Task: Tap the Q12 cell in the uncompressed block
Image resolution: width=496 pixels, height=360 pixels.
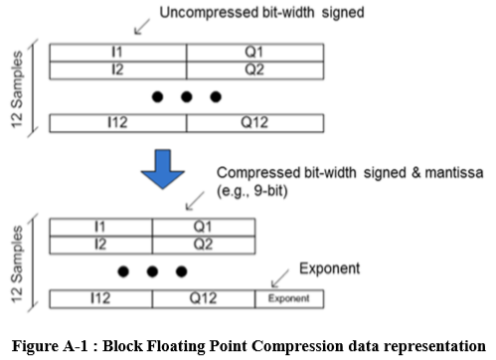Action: pyautogui.click(x=254, y=124)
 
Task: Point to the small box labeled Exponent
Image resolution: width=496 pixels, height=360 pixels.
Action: pyautogui.click(x=287, y=297)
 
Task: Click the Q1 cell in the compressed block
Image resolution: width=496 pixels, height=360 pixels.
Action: pyautogui.click(x=202, y=226)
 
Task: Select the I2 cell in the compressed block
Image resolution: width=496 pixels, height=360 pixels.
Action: pyautogui.click(x=100, y=243)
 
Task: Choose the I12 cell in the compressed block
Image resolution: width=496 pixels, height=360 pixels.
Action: pyautogui.click(x=100, y=297)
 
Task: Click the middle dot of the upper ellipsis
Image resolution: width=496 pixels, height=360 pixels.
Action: pyautogui.click(x=186, y=97)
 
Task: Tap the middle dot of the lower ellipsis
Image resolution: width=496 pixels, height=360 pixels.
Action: pyautogui.click(x=151, y=270)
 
